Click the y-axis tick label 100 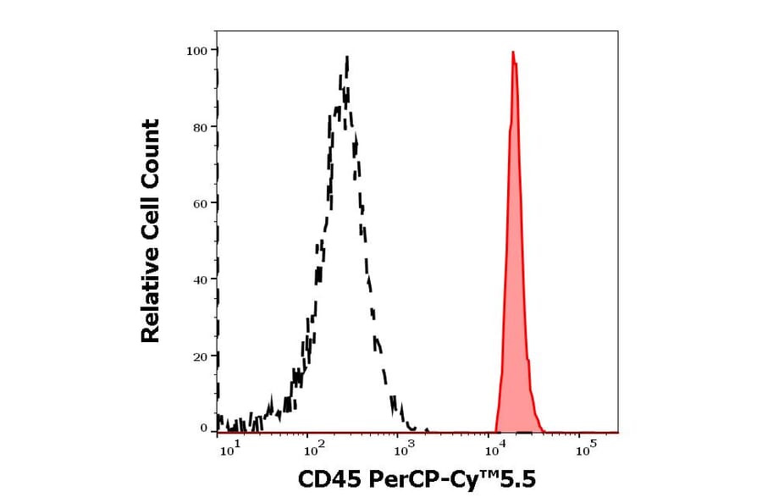pos(197,51)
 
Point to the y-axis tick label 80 pos(201,127)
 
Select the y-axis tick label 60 pos(201,203)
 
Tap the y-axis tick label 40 pos(201,279)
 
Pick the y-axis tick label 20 pos(201,356)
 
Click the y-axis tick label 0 pos(204,428)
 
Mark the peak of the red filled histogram pos(513,53)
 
